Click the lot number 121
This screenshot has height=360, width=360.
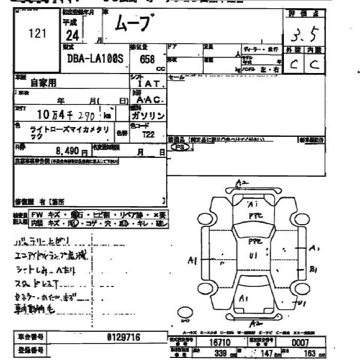click(x=38, y=34)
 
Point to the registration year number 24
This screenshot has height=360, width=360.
click(x=73, y=35)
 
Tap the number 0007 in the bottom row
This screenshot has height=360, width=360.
click(x=300, y=343)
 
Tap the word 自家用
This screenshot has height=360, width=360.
click(x=43, y=82)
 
